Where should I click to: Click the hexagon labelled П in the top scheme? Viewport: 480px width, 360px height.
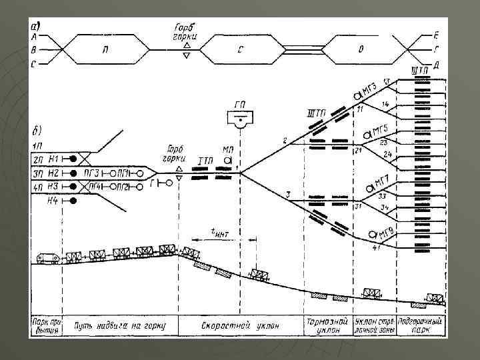107,49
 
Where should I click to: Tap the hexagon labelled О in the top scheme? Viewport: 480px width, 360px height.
361,49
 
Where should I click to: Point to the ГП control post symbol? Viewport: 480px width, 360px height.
241,119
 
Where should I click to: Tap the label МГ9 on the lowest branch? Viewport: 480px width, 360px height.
383,234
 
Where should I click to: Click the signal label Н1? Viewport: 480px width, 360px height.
55,158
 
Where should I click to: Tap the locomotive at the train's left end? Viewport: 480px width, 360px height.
46,258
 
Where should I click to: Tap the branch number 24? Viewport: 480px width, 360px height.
388,155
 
